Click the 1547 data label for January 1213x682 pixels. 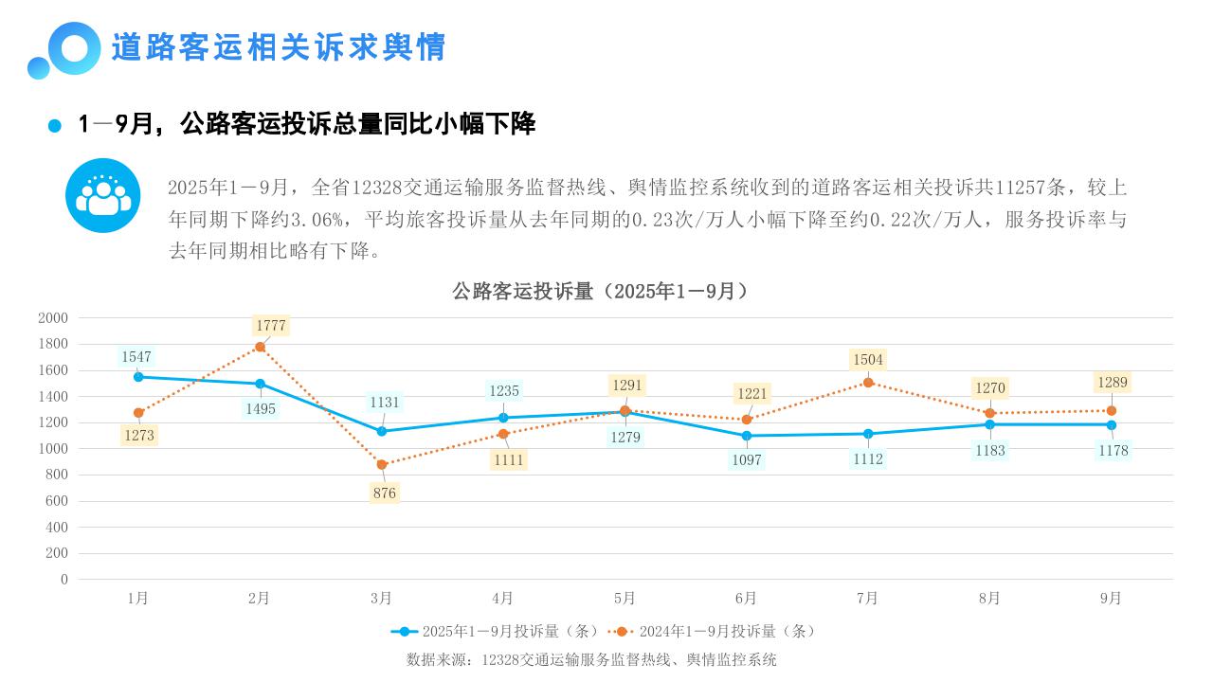click(x=136, y=357)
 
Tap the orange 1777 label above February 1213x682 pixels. click(x=270, y=326)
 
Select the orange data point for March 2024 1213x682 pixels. click(x=381, y=464)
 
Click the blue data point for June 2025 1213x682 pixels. click(x=747, y=436)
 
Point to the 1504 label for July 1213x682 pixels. click(x=868, y=360)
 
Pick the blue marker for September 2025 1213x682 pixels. click(x=1112, y=424)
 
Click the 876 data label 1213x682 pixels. click(x=384, y=493)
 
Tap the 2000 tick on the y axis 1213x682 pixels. click(x=53, y=318)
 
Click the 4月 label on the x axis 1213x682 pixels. click(x=502, y=598)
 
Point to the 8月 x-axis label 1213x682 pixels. click(x=989, y=598)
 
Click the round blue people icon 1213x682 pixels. click(x=102, y=195)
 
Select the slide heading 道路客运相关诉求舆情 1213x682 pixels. click(x=279, y=47)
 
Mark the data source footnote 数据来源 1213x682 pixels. click(x=591, y=659)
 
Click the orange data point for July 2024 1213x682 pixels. click(x=868, y=383)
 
